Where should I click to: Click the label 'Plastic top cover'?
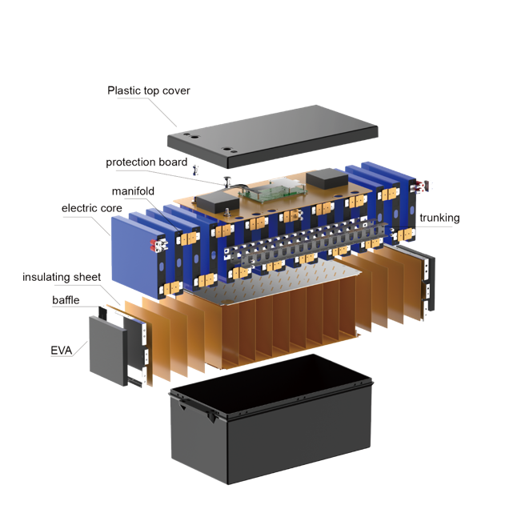click(149, 90)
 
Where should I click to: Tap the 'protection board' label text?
click(146, 162)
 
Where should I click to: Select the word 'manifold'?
click(133, 191)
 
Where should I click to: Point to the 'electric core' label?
click(92, 208)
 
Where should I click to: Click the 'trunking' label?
click(439, 218)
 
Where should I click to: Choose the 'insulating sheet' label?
click(62, 277)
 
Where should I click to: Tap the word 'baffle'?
click(66, 300)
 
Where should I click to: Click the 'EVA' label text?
click(62, 351)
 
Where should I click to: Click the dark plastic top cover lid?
click(273, 136)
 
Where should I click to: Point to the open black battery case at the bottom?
click(271, 419)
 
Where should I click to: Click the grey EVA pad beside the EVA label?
click(108, 351)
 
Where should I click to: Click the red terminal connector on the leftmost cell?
click(153, 246)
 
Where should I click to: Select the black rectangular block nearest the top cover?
click(327, 178)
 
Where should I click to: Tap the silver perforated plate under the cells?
click(276, 283)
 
